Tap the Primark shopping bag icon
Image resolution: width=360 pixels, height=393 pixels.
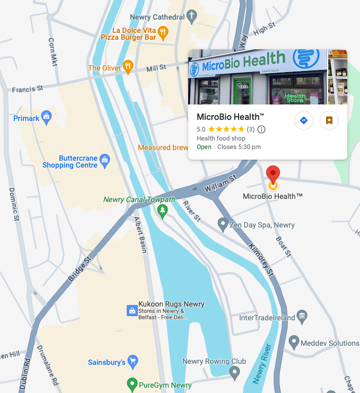(x=47, y=117)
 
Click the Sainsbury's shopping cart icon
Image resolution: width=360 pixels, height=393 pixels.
(x=133, y=362)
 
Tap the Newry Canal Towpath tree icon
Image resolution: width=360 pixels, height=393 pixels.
(x=163, y=211)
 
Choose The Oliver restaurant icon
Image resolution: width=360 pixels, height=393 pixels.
(x=128, y=67)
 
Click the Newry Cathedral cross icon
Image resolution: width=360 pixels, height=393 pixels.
(x=192, y=17)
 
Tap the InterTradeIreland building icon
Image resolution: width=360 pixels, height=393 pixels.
(x=302, y=317)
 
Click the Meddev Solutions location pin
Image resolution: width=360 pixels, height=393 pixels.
(x=294, y=342)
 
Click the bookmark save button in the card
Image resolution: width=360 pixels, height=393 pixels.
(x=329, y=120)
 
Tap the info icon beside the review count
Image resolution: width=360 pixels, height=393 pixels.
(x=261, y=129)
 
